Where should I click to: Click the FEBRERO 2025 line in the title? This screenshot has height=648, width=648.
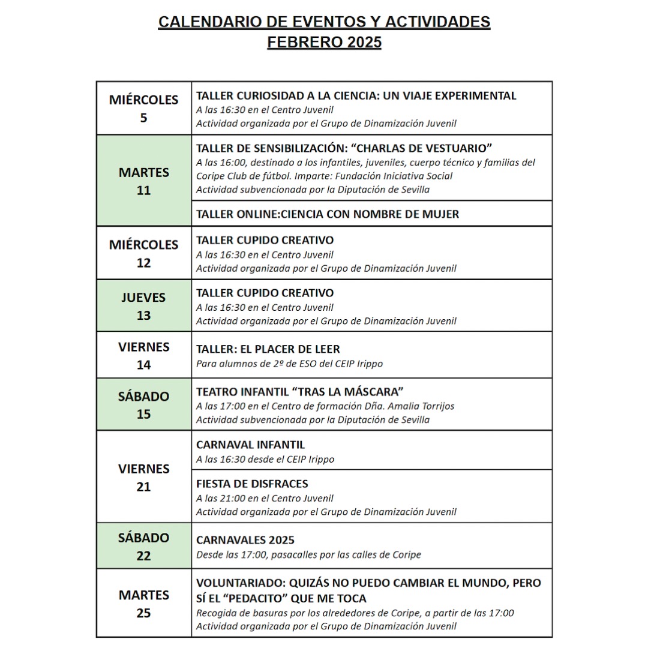tap(324, 43)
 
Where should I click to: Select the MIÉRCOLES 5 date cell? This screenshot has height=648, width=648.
tap(143, 109)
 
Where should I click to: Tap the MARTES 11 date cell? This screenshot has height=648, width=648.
tap(143, 181)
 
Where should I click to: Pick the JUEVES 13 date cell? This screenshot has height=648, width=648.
tap(143, 306)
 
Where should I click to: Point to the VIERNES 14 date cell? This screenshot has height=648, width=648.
tap(143, 355)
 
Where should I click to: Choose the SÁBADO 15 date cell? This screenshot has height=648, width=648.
tap(143, 405)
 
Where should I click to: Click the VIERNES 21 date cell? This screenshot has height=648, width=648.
tap(143, 477)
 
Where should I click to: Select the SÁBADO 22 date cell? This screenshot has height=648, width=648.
tap(143, 546)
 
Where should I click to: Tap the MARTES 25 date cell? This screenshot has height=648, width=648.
tap(143, 604)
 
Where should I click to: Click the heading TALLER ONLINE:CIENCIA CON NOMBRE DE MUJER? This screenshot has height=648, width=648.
tap(328, 214)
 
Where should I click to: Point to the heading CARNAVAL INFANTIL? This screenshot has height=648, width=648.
tap(250, 445)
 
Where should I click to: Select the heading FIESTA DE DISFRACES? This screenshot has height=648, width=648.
tap(252, 484)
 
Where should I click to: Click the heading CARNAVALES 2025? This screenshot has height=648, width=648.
tap(245, 540)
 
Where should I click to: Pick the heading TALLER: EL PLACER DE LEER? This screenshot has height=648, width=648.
tap(268, 349)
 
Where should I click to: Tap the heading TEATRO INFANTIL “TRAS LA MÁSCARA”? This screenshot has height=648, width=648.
tap(299, 392)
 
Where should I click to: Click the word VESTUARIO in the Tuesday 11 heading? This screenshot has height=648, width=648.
tap(457, 148)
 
